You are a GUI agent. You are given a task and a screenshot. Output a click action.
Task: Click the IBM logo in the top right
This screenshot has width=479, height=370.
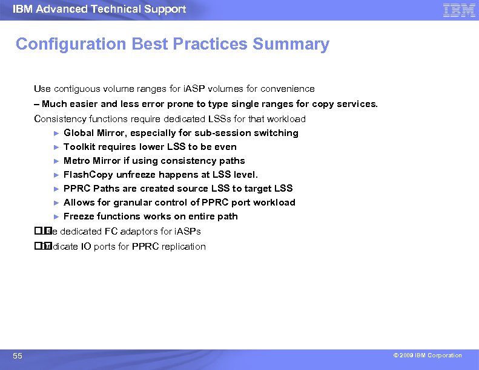(458, 10)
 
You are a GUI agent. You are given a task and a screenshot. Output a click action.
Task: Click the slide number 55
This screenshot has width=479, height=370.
(18, 356)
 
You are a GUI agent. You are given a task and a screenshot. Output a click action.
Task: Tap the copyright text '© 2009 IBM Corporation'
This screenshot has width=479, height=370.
(428, 355)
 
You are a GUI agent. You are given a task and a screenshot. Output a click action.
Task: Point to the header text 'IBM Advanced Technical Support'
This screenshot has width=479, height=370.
(99, 9)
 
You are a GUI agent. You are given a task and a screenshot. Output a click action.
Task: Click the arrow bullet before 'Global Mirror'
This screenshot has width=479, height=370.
(56, 133)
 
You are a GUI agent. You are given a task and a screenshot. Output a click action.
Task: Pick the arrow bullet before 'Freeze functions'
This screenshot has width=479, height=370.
(56, 216)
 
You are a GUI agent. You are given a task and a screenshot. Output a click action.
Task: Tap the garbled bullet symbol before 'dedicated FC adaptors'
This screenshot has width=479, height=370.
(41, 232)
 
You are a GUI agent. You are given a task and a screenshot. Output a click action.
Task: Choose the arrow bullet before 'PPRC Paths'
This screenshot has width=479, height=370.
(56, 189)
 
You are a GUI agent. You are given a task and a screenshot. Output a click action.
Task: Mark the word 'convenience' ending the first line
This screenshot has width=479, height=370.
(289, 89)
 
